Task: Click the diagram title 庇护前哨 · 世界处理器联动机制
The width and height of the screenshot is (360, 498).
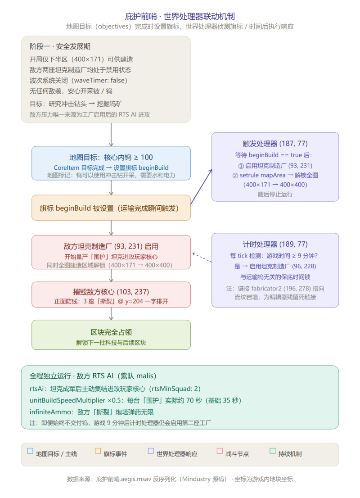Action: pos(180,16)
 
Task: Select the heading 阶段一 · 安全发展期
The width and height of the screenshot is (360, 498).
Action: pos(60,46)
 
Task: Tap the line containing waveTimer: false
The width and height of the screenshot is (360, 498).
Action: pos(78,80)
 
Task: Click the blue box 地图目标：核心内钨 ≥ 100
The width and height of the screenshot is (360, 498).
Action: pos(111,163)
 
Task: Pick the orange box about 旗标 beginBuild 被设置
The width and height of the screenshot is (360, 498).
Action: pos(111,208)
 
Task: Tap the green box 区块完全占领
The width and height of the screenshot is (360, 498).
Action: pos(111,335)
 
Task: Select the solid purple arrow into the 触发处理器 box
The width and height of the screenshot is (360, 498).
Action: pos(201,187)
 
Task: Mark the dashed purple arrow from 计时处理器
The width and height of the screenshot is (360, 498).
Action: pos(202,257)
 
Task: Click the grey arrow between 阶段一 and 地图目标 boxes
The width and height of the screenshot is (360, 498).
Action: pos(111,135)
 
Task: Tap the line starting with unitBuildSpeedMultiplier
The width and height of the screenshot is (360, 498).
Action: pos(135,400)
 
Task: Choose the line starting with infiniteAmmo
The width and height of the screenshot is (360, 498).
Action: pos(92,412)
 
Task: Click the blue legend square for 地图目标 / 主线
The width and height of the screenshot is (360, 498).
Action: pos(30,451)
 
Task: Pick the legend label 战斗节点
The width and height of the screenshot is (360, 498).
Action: pos(237,454)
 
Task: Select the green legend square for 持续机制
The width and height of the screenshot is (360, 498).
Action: pos(272,451)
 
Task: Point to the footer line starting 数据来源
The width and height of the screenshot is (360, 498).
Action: pos(180,479)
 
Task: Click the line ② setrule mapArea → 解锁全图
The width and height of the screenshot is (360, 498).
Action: pos(275,175)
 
